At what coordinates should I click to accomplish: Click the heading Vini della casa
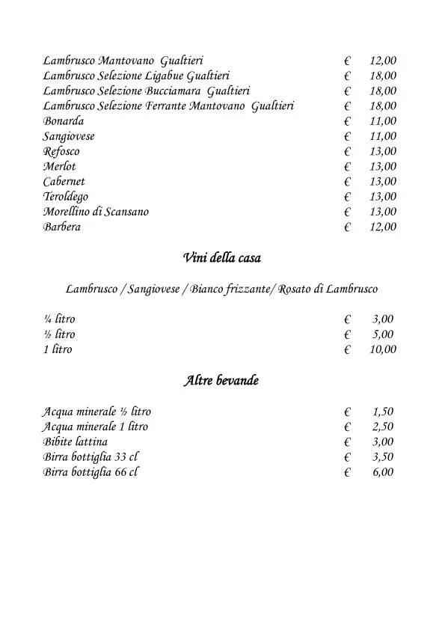[x=221, y=259]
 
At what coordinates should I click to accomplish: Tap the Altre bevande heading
[x=221, y=381]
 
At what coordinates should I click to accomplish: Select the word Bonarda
[x=64, y=121]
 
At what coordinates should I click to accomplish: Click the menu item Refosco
[x=61, y=151]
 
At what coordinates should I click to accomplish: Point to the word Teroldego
[x=66, y=197]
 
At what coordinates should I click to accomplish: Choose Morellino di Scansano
[x=96, y=212]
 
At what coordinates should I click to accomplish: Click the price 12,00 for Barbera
[x=383, y=227]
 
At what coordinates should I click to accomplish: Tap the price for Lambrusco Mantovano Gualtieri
[x=383, y=61]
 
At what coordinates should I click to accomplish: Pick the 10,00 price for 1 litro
[x=383, y=349]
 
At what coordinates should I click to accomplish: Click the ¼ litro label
[x=59, y=319]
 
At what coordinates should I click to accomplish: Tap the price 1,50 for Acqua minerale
[x=383, y=412]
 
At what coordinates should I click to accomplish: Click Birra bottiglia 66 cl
[x=90, y=472]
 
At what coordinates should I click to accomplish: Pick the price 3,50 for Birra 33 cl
[x=383, y=457]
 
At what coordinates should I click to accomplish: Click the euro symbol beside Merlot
[x=348, y=167]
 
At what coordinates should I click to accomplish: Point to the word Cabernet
[x=64, y=182]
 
